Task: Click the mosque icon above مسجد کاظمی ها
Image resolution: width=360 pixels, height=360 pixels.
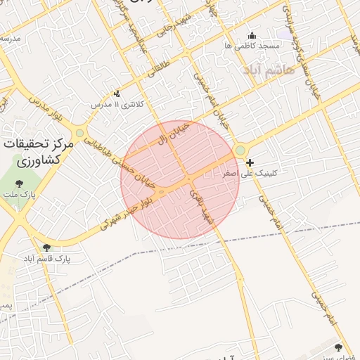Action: click(252, 36)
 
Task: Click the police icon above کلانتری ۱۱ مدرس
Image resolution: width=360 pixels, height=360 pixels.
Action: click(117, 94)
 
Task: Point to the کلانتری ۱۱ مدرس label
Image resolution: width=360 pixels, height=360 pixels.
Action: click(120, 104)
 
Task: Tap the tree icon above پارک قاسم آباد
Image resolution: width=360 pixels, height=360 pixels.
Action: click(46, 247)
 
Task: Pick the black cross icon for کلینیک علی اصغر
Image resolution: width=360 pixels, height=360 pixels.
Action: click(249, 162)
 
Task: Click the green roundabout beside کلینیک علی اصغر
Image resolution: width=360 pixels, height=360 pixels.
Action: click(240, 150)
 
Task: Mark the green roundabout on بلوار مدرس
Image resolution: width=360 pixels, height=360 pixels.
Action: click(80, 132)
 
